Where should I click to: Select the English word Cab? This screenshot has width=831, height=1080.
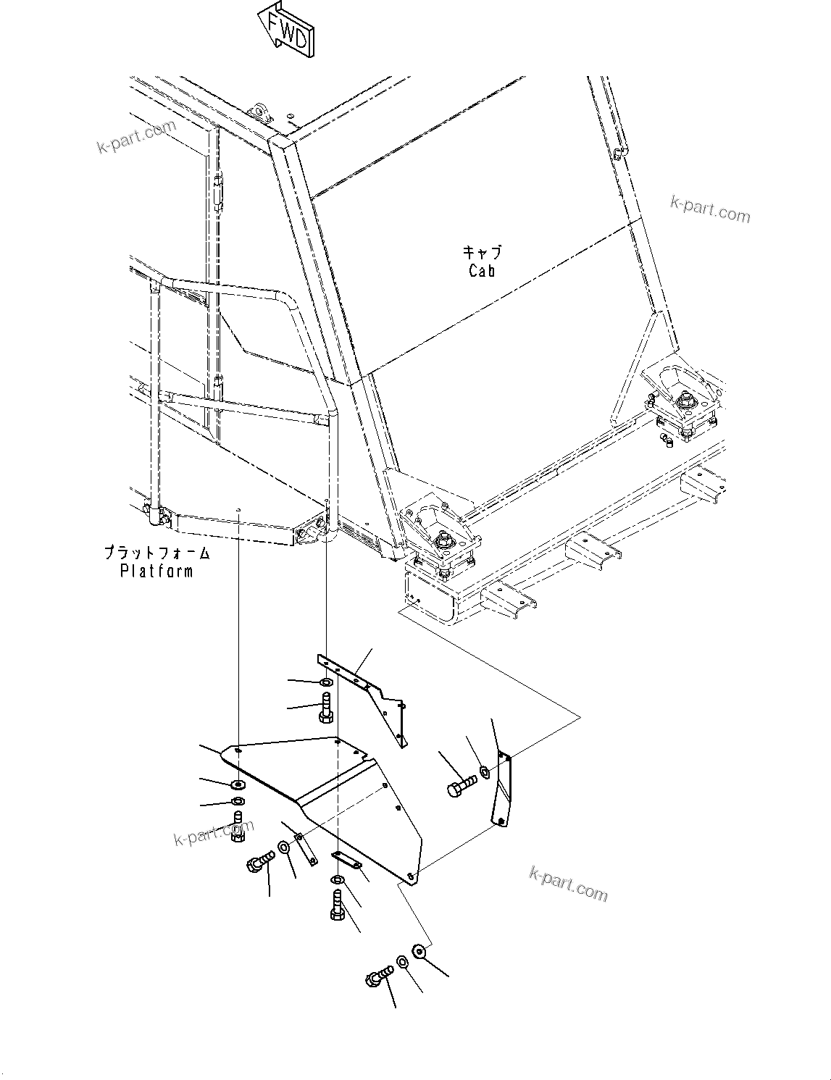click(x=482, y=271)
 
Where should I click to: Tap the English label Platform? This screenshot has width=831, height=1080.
click(x=156, y=571)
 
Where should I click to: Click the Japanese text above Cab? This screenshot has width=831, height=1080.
click(x=482, y=253)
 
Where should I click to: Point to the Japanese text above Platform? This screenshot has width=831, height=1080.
click(x=156, y=553)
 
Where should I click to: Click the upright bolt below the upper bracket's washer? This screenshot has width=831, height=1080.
click(x=325, y=706)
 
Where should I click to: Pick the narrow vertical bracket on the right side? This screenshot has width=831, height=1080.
click(x=501, y=790)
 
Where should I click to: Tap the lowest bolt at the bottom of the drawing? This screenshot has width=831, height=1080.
click(x=379, y=979)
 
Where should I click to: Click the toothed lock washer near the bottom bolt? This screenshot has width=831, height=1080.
click(x=417, y=950)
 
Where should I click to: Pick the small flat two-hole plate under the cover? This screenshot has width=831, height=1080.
click(x=346, y=860)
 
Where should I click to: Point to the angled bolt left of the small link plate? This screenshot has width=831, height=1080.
click(x=259, y=862)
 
